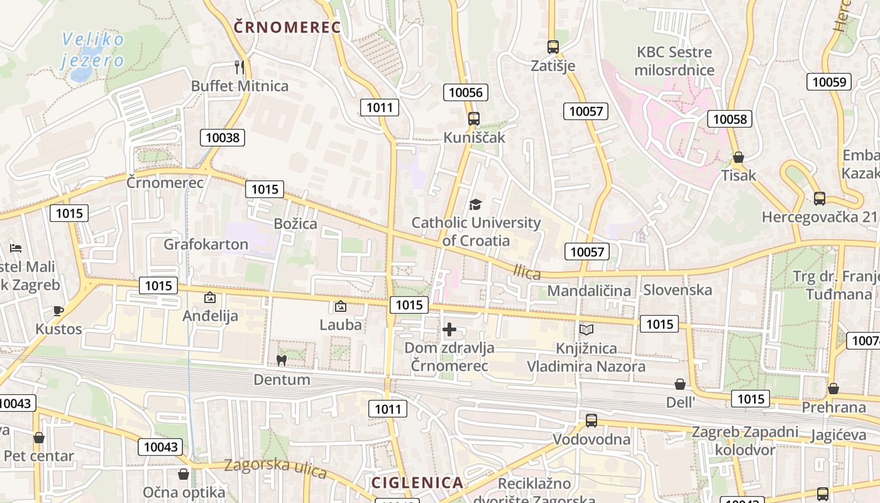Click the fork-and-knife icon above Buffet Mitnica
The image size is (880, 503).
pos(239,67)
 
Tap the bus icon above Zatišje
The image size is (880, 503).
pos(553,47)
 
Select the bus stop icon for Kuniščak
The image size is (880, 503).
pos(473,118)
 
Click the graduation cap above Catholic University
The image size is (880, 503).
pos(475,204)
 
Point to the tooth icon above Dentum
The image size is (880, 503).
pos(281,360)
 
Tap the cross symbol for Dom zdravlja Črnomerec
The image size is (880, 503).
pos(449,329)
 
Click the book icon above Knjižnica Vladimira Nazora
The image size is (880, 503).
pos(586,329)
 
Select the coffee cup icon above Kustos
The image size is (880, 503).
pos(58,310)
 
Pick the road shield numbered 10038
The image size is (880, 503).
pos(223,137)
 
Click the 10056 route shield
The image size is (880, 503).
pos(466,92)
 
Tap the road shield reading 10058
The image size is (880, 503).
pos(730,118)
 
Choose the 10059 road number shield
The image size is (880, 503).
pos(829,81)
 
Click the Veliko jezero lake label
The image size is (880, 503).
pos(92,50)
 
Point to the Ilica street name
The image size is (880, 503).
pos(527,272)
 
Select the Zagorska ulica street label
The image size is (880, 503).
pos(276,467)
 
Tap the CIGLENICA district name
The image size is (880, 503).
pos(417,483)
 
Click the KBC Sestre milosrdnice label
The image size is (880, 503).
pos(674,60)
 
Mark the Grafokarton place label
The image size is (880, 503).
pos(206,244)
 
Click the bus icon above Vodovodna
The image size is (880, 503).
pos(591,421)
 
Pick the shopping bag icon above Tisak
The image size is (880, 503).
pos(739,157)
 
